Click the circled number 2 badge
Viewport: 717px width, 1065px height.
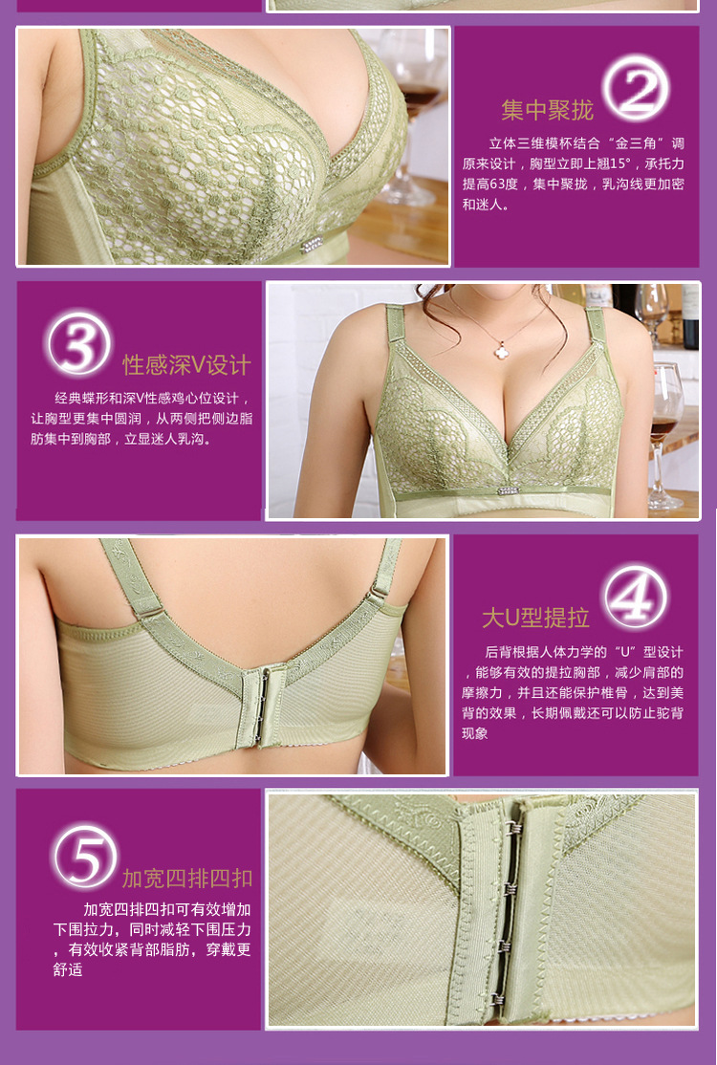point(636,88)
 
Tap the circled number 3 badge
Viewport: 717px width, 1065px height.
point(79,343)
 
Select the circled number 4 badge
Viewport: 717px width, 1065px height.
point(636,597)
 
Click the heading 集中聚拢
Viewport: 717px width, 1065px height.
point(547,110)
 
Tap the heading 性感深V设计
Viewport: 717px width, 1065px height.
point(186,365)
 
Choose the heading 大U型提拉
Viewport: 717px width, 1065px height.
point(535,619)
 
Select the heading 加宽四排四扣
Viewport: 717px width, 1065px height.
point(187,879)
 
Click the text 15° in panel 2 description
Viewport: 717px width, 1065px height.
point(619,163)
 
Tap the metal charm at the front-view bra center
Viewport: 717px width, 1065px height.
point(508,489)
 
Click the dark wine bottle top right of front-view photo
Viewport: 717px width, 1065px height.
point(690,316)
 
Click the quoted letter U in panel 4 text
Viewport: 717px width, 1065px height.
point(624,652)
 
